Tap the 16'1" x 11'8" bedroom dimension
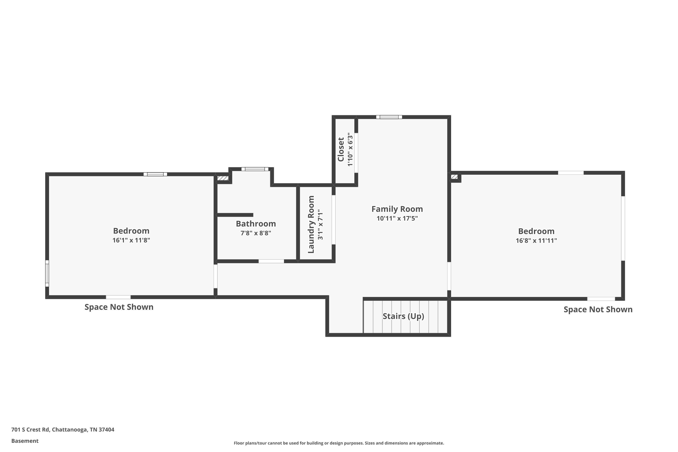point(131,240)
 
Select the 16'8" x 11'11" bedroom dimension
point(536,240)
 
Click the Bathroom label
point(256,224)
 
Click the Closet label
point(341,149)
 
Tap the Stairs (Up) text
point(403,316)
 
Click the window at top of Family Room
point(389,117)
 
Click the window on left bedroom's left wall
point(47,273)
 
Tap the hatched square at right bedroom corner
point(454,177)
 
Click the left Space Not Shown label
point(119,307)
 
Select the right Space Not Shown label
point(598,309)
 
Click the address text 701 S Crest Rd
point(63,430)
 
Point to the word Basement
point(25,441)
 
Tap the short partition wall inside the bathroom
point(235,215)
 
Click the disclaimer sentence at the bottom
point(339,443)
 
